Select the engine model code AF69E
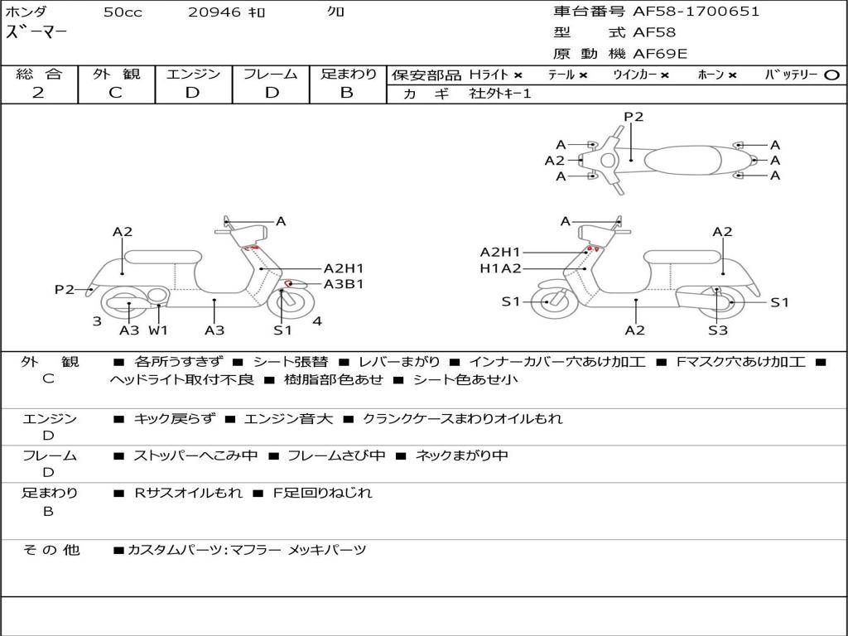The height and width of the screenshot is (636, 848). click(660, 54)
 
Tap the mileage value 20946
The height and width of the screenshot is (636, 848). click(214, 12)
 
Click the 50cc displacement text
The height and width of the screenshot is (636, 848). click(123, 12)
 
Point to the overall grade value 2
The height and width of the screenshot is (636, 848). click(38, 93)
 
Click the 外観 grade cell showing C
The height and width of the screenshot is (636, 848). click(116, 93)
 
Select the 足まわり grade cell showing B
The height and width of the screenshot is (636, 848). click(347, 93)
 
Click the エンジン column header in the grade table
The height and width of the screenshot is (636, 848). click(193, 75)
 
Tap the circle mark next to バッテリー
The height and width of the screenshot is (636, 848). click(831, 75)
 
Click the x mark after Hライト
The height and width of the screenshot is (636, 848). click(518, 75)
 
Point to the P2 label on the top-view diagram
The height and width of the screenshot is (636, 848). click(634, 117)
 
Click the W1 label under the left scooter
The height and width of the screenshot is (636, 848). click(158, 330)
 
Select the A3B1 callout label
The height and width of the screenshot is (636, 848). click(344, 284)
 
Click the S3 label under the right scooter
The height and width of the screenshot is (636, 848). click(717, 330)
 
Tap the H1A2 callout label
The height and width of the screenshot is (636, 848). click(500, 268)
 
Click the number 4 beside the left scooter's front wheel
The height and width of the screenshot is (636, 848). click(317, 321)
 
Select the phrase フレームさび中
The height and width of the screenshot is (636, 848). click(336, 455)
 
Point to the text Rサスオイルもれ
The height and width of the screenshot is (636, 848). click(188, 493)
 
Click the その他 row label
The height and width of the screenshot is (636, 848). click(51, 550)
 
